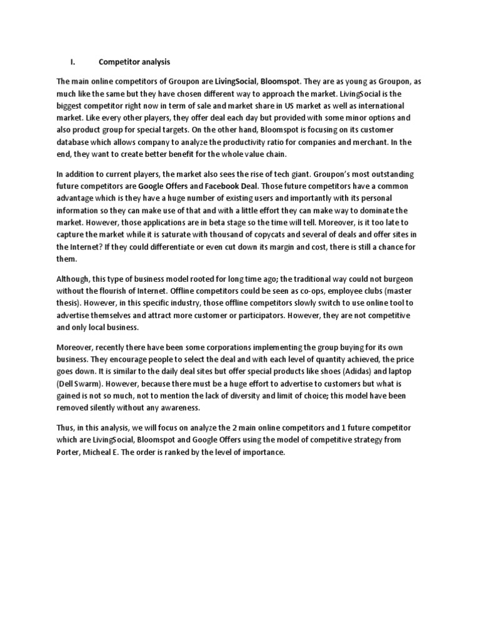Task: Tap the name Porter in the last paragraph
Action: click(69, 452)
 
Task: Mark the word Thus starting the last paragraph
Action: click(66, 428)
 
